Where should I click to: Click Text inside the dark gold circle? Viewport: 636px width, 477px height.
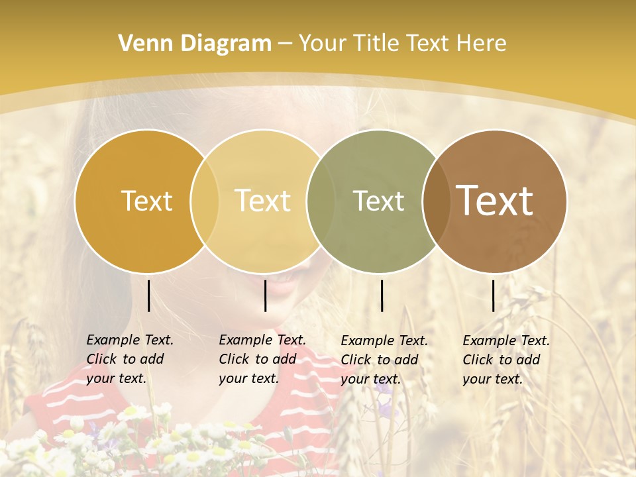click(146, 201)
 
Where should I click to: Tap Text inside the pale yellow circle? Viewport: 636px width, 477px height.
click(263, 201)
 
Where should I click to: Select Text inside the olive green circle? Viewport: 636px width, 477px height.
click(378, 201)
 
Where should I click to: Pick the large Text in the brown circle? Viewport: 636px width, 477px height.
click(495, 201)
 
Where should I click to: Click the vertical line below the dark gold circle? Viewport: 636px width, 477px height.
click(148, 295)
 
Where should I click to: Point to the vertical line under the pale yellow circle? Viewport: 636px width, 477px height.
click(265, 295)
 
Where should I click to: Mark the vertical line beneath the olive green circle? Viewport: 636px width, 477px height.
click(382, 295)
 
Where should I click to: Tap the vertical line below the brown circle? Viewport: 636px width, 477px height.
click(494, 295)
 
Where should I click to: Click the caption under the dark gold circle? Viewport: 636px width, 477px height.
click(130, 359)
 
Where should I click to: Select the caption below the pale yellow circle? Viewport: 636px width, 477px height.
click(262, 359)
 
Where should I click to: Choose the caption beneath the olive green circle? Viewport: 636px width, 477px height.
click(384, 360)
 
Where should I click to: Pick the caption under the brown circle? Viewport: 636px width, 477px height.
click(506, 360)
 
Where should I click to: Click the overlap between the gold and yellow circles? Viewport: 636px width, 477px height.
click(205, 201)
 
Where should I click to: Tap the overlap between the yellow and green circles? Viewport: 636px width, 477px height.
click(321, 201)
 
